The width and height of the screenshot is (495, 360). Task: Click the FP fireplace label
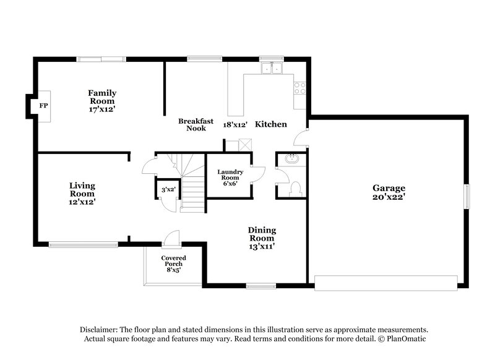(44, 106)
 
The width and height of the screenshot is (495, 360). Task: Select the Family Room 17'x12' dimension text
(102, 109)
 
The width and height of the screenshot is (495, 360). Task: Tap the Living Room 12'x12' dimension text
(82, 201)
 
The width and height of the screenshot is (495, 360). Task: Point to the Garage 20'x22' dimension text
(388, 197)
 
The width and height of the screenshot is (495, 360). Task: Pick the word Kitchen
(271, 124)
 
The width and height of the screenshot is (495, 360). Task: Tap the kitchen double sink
(271, 68)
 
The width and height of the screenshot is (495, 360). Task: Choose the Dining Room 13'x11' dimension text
(262, 246)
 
